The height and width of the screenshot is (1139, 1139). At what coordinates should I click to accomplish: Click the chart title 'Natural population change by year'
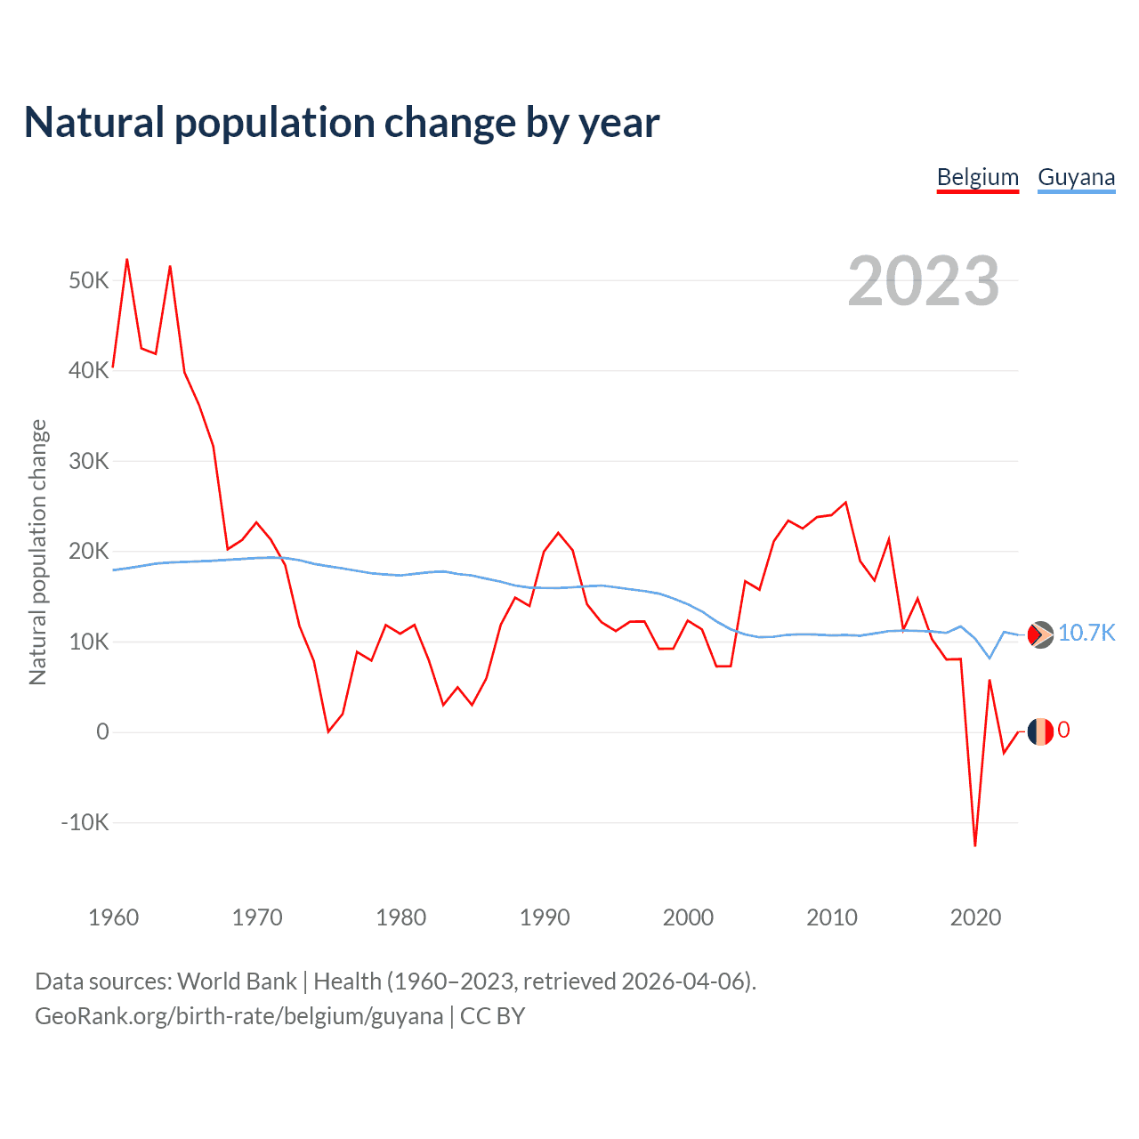[342, 123]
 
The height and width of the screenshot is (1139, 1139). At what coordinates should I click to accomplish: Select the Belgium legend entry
[977, 177]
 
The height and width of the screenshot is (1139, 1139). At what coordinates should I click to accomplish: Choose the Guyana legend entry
[1076, 177]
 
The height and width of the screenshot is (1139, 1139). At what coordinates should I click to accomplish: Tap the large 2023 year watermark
[923, 281]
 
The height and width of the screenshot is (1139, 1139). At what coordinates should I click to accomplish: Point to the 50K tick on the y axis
[88, 281]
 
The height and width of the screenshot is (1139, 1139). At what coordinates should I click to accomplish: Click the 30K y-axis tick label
[88, 461]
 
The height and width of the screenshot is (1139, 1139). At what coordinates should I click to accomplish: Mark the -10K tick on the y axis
[85, 822]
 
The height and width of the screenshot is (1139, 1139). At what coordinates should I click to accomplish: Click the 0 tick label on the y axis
[102, 731]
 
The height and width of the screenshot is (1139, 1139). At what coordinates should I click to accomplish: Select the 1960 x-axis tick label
[114, 917]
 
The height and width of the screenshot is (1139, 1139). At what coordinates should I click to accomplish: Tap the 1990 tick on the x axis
[545, 917]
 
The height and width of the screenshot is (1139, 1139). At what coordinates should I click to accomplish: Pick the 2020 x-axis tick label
[975, 917]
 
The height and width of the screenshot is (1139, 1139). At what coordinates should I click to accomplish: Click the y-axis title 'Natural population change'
[38, 552]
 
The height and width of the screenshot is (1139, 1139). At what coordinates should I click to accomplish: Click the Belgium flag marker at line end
[1040, 731]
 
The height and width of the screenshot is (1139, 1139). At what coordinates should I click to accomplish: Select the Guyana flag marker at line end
[1040, 634]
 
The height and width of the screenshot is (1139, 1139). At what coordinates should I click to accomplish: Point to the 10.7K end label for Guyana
[1086, 633]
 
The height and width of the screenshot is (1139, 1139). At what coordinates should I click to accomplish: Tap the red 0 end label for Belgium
[1063, 731]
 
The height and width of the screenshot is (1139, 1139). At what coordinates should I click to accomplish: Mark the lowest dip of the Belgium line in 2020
[975, 845]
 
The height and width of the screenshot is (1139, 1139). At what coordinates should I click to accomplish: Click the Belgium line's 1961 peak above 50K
[127, 259]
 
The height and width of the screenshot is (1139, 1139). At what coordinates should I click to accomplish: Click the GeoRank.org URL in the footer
[238, 1016]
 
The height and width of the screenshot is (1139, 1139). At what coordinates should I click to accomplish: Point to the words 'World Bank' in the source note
[237, 981]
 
